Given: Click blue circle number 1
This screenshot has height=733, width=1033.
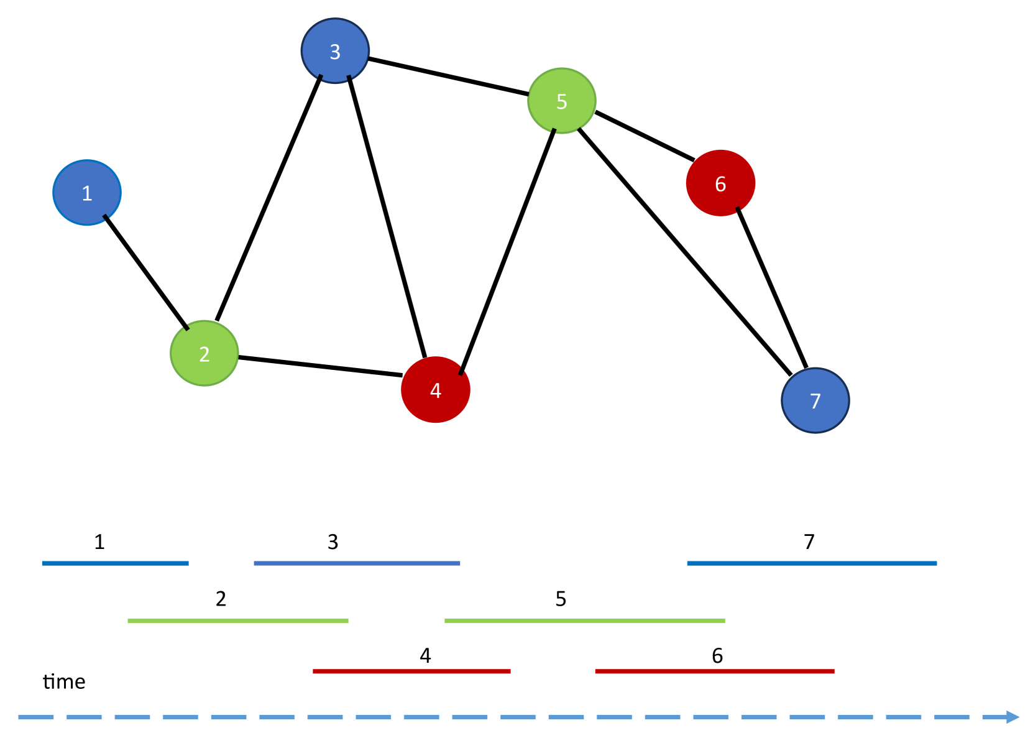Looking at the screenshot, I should [87, 193].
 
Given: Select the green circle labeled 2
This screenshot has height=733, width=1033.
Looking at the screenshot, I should [204, 353].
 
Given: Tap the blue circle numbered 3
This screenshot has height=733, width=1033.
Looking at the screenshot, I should [335, 51].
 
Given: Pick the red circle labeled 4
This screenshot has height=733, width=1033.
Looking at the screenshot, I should [436, 390].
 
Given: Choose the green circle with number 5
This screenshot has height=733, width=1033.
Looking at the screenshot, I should [562, 101].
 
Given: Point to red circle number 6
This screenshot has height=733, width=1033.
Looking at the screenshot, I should [720, 183].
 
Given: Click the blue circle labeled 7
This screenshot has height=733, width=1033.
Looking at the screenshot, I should [815, 400].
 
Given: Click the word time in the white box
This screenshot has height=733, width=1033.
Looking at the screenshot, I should [65, 682].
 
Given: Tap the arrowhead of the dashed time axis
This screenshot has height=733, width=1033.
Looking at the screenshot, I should [1012, 717].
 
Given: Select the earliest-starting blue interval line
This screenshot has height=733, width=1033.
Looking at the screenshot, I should [115, 563].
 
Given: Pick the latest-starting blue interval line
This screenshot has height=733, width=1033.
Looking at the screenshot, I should [812, 563].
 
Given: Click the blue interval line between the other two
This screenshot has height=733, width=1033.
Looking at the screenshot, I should [357, 563].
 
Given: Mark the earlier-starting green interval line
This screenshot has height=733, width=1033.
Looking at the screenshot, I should [237, 621].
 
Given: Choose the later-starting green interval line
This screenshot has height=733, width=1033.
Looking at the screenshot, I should [584, 621].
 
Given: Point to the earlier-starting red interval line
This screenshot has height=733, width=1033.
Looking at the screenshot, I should [411, 671].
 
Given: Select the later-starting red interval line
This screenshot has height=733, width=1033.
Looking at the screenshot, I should [715, 671].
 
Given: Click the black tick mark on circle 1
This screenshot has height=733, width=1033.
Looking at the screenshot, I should [106, 217].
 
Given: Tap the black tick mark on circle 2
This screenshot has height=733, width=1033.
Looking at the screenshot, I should [185, 327].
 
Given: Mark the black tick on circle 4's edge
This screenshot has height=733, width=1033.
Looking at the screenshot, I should [461, 371].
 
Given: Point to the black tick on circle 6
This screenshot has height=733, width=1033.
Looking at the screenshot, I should [738, 210].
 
